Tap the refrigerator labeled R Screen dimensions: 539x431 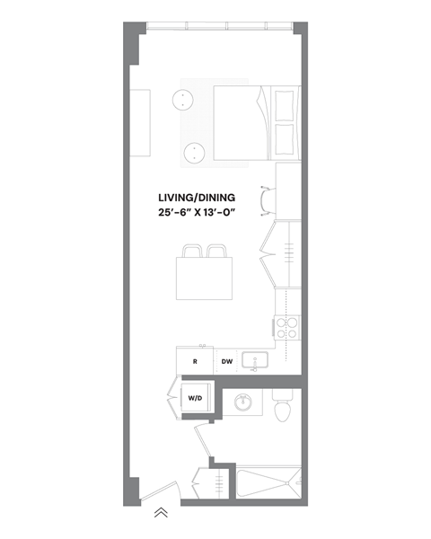[x=195, y=361]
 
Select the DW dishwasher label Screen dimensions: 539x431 [x=227, y=361]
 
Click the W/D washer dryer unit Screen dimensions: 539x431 [x=195, y=398]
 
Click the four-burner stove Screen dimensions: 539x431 [x=286, y=328]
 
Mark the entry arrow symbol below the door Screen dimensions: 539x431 [x=161, y=513]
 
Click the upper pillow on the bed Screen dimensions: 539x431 [x=285, y=104]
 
